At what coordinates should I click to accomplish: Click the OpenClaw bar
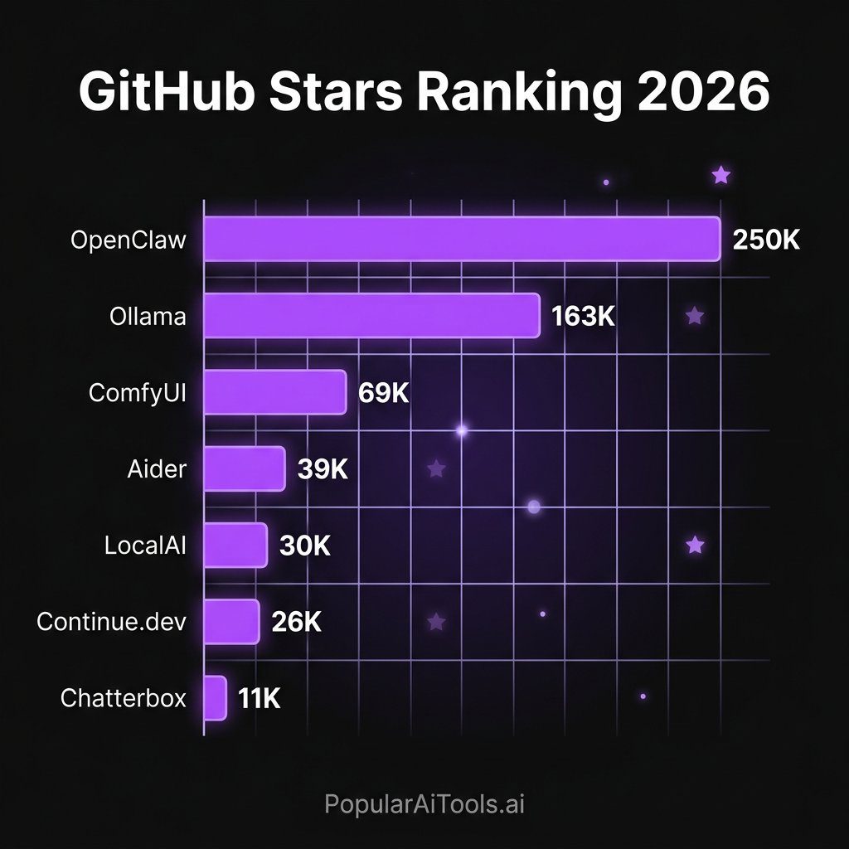tap(461, 240)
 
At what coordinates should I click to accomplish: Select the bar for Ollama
tap(371, 316)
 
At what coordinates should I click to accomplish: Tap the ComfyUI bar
tap(274, 392)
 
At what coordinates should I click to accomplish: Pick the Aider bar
tap(244, 468)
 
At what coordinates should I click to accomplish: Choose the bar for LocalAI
tap(235, 545)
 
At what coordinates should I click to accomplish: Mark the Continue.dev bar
tap(230, 622)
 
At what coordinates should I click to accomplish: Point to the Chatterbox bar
tap(215, 698)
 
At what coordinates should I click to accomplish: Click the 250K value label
tap(766, 240)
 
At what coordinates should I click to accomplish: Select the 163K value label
tap(583, 316)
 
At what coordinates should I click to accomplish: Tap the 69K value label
tap(384, 392)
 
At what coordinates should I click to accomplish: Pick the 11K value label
tap(260, 698)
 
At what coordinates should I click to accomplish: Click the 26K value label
tap(296, 622)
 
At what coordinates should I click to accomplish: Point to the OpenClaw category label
tap(129, 240)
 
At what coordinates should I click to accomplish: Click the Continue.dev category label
tap(112, 622)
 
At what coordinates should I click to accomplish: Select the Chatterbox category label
tap(124, 698)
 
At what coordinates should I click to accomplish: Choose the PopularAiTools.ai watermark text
tap(424, 803)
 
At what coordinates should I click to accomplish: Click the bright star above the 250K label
tap(721, 175)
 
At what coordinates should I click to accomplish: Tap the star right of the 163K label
tap(695, 316)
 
